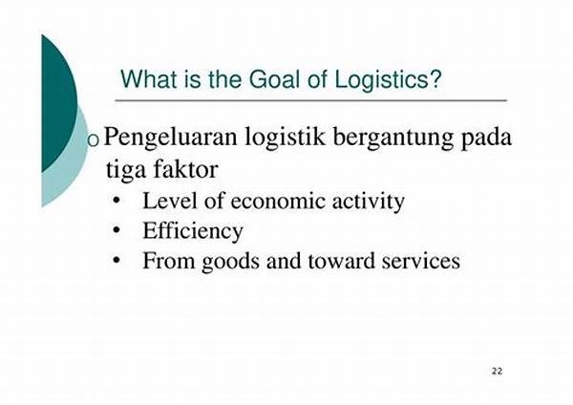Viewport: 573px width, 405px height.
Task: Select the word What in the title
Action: (x=151, y=79)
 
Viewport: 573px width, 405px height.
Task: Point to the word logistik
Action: (x=285, y=138)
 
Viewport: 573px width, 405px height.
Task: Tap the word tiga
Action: (x=125, y=170)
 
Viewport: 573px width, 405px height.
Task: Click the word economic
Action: (x=278, y=201)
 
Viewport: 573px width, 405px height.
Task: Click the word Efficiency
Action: (x=193, y=231)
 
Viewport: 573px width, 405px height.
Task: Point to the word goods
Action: (x=230, y=262)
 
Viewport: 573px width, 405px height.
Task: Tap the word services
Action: (x=421, y=262)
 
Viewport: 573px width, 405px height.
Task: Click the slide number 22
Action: (x=497, y=372)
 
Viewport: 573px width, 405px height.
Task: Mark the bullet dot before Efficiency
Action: (x=117, y=230)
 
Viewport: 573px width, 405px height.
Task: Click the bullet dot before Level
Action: (x=117, y=201)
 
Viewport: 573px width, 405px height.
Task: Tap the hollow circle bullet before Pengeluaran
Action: (x=94, y=140)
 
